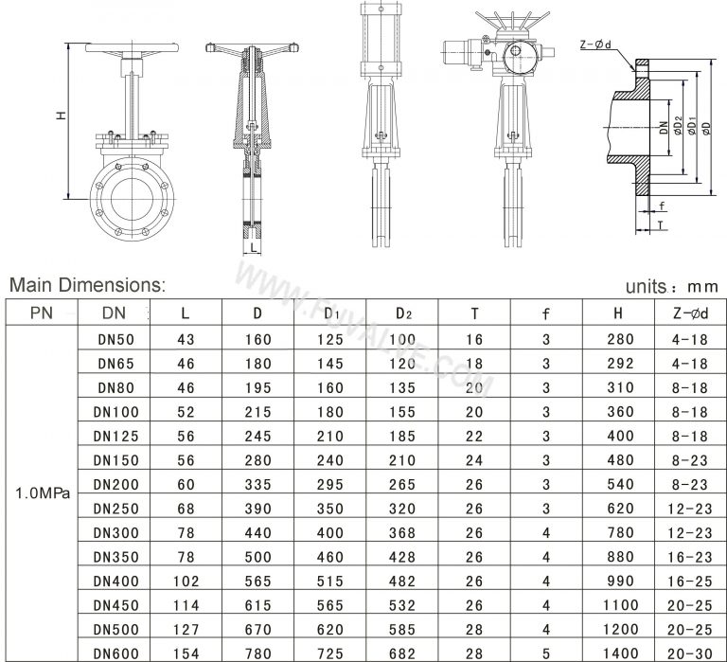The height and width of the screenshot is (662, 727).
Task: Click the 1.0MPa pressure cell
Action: tap(40, 493)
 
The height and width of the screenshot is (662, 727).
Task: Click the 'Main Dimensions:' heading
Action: tap(87, 284)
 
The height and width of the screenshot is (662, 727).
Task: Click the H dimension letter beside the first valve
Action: tap(60, 116)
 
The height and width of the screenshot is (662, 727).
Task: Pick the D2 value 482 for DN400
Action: tap(402, 578)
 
